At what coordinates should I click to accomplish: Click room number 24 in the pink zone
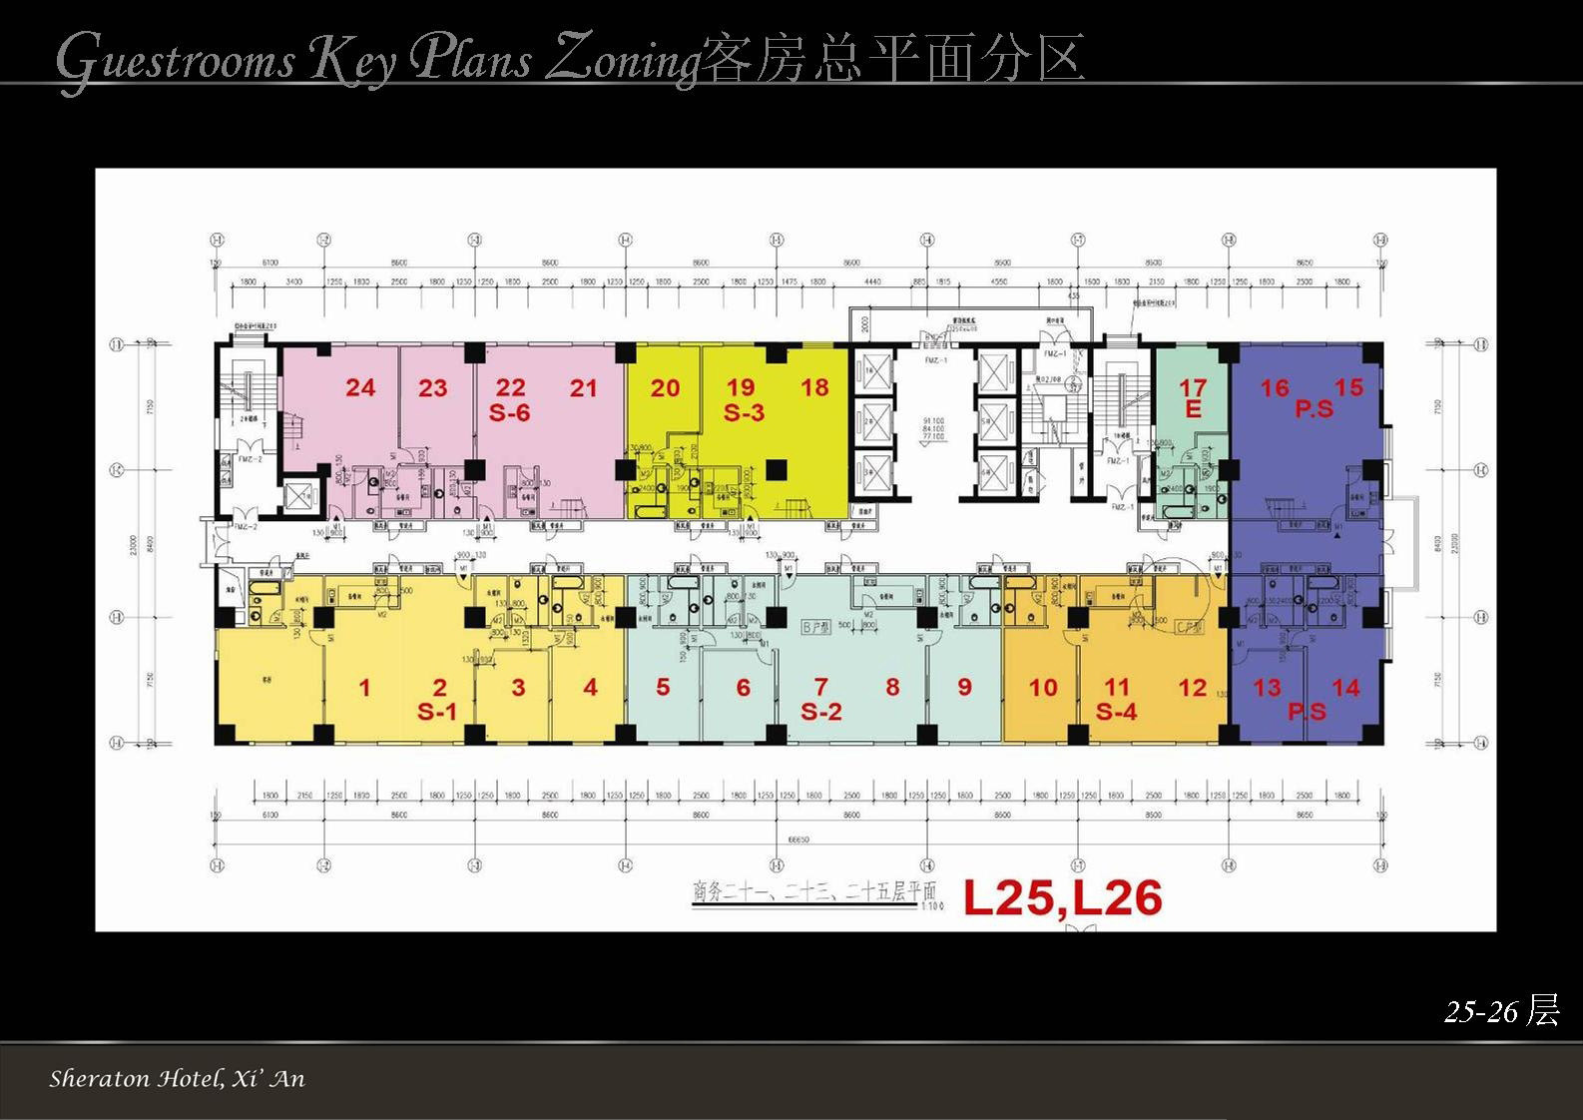point(360,387)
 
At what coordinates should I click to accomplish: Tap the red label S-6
point(509,412)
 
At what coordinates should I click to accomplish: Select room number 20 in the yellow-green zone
point(665,388)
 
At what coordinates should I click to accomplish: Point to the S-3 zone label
point(744,412)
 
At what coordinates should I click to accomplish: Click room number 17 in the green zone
point(1193,387)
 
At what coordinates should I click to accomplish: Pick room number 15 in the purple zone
point(1348,387)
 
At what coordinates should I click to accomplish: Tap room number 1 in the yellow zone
point(365,687)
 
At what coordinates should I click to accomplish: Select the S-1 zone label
point(437,712)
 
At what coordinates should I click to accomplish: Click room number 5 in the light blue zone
point(663,687)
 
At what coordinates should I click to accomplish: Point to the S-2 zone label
point(821,712)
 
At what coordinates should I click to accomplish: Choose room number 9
point(964,687)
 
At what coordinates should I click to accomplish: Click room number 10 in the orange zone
point(1043,687)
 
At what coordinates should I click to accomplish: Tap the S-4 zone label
point(1116,712)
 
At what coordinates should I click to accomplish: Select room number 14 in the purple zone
point(1345,687)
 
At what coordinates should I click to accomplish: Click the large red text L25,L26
point(1062,898)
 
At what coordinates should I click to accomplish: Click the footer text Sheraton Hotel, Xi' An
point(177,1079)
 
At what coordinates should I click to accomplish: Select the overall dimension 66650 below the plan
point(797,840)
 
